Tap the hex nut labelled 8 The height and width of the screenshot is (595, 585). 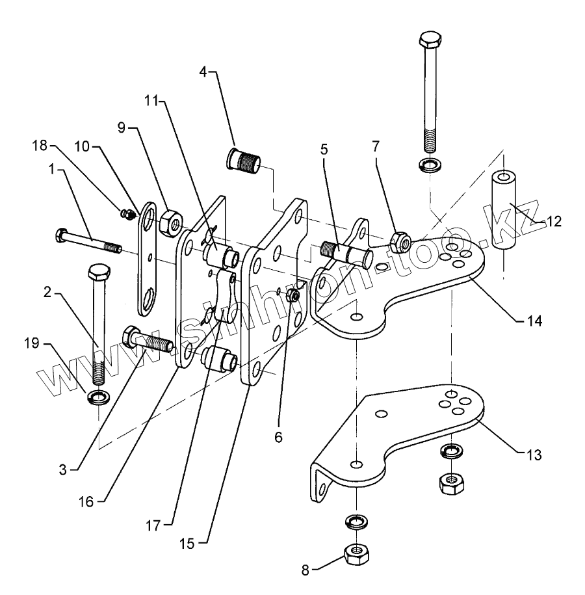pyautogui.click(x=356, y=553)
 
